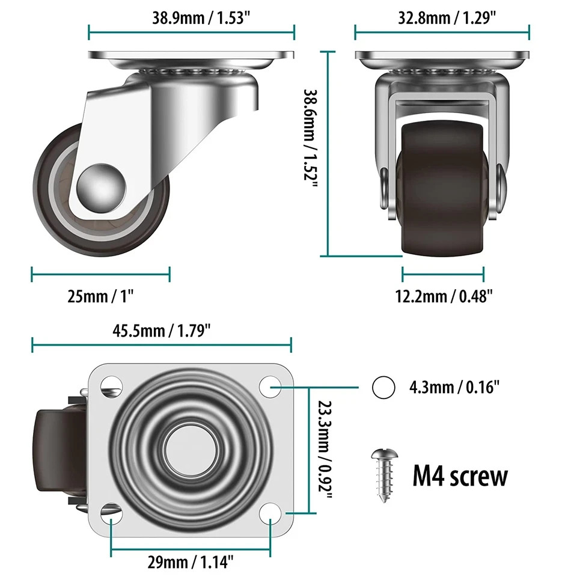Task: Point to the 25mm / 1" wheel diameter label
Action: tap(100, 296)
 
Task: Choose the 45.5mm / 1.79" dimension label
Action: tap(161, 330)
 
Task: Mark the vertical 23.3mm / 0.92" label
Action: tap(325, 451)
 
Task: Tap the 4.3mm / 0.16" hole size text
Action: tap(454, 388)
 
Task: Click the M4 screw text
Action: tap(460, 477)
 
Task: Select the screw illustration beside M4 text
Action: tap(382, 475)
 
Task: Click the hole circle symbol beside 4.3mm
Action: tap(383, 388)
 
